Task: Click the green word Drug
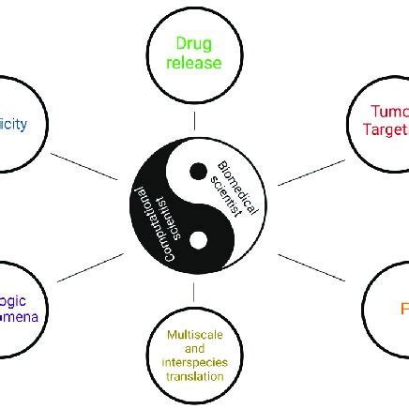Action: pos(194,44)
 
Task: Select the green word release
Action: pos(194,64)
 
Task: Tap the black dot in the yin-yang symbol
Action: pos(198,171)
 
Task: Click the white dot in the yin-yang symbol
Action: pos(198,241)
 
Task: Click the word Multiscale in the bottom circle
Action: pos(194,335)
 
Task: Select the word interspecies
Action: pos(194,362)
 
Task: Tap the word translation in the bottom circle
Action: pos(194,376)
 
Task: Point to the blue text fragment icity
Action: pos(13,124)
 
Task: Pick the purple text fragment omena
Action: pos(19,317)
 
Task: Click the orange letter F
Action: pos(404,308)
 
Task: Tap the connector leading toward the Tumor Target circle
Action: pos(311,172)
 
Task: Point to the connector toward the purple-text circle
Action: pos(89,265)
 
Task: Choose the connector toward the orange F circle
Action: pos(311,266)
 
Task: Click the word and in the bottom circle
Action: pos(194,348)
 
